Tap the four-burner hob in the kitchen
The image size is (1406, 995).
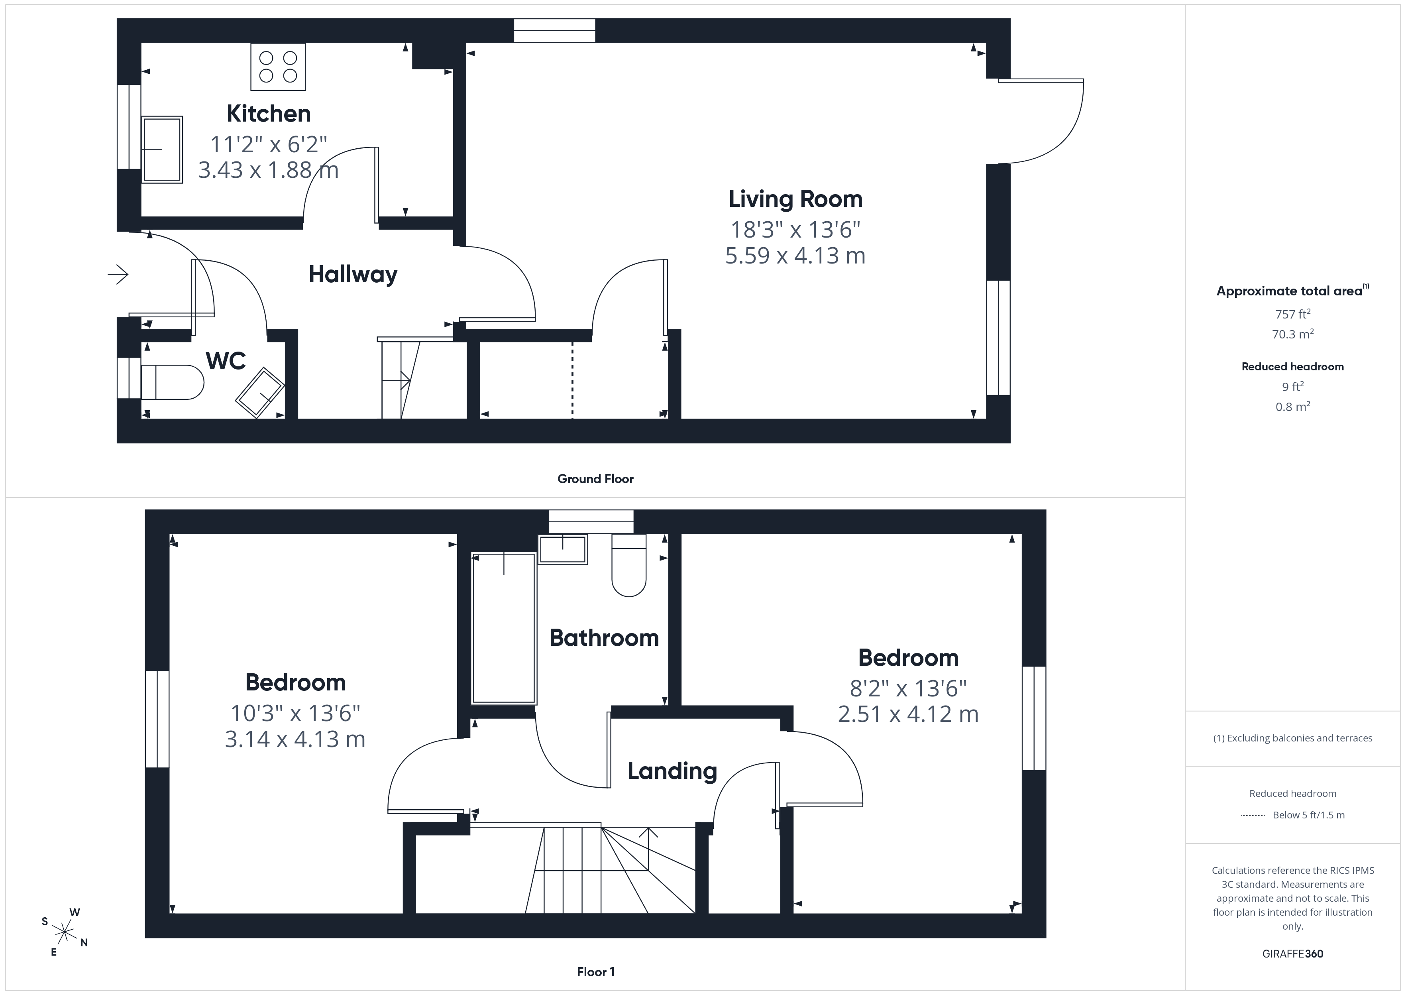click(278, 67)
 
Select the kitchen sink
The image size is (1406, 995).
click(162, 149)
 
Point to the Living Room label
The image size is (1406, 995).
click(795, 199)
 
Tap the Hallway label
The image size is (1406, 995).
click(353, 275)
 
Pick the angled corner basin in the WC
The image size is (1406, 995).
click(260, 392)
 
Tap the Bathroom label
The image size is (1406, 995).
click(604, 638)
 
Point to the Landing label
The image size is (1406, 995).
click(672, 771)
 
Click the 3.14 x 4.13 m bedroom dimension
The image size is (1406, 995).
click(295, 739)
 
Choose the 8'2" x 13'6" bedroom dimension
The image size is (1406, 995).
click(908, 689)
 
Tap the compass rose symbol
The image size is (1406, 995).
click(64, 932)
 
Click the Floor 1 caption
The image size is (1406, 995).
click(595, 972)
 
